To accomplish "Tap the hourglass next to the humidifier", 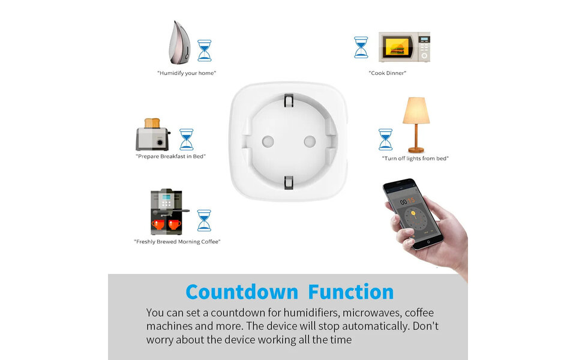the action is click(205, 50).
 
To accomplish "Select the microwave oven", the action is click(404, 47).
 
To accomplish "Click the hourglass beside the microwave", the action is click(361, 47).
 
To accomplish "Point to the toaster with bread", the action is click(153, 134).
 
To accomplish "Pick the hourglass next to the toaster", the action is click(186, 139).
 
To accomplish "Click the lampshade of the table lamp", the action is click(416, 110).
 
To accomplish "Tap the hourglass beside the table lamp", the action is click(385, 140).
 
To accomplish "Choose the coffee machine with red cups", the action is click(168, 212).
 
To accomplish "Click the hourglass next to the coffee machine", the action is click(204, 220).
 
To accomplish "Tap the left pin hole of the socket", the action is click(268, 142).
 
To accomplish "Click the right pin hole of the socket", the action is click(310, 142).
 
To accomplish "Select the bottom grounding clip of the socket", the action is click(289, 182).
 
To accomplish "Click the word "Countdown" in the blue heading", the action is click(242, 292).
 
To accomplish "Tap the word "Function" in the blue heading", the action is click(351, 292).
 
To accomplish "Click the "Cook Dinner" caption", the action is click(388, 73).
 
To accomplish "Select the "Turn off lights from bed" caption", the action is click(415, 158).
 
